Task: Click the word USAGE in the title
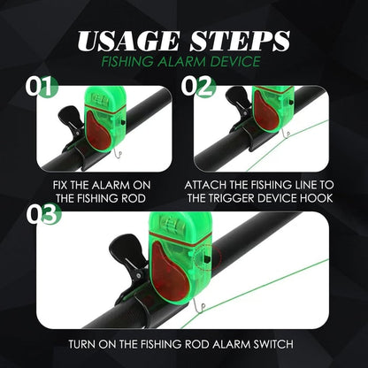pos(126,42)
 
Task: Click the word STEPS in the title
pos(241,42)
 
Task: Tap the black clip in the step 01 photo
pos(71,124)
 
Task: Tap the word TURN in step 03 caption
pos(83,343)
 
